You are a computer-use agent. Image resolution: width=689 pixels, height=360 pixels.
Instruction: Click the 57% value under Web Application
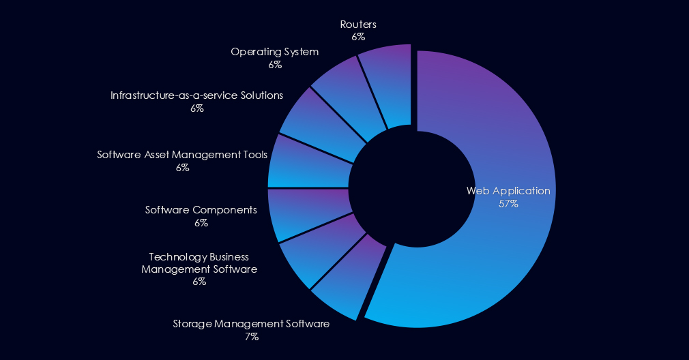pos(508,203)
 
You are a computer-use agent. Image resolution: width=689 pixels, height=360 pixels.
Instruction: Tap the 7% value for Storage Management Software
pos(251,336)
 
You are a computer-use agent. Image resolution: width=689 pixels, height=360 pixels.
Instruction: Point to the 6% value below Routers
pos(358,37)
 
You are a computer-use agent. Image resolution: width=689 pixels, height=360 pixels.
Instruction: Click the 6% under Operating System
pos(275,65)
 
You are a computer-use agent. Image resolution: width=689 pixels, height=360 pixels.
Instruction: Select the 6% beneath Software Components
pos(201,222)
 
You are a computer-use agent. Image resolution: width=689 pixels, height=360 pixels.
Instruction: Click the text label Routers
pos(358,25)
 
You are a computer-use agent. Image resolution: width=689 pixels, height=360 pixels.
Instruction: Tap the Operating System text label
pos(274,52)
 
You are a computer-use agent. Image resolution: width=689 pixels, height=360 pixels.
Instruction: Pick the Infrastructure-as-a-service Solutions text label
pos(196,95)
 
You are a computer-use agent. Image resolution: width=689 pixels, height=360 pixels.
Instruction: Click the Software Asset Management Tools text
pos(182,155)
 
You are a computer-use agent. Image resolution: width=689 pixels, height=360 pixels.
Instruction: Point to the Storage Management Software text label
pos(251,324)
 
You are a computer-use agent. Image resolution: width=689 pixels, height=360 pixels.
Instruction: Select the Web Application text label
pos(508,191)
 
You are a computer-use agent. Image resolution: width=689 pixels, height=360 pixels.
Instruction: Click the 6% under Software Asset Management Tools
pos(182,167)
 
